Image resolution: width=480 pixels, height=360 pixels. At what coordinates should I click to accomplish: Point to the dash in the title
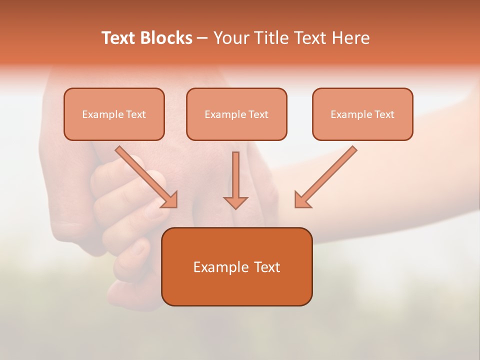(202, 38)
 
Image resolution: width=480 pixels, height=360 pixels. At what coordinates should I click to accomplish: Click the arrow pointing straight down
(235, 177)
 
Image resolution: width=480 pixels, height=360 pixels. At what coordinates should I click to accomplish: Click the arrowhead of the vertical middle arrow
(235, 202)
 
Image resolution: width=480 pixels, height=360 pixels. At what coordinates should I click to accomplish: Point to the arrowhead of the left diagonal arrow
(170, 200)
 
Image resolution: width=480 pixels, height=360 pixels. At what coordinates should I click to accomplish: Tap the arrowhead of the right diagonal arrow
(301, 200)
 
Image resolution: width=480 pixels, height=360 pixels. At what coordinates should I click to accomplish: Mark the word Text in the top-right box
(384, 114)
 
